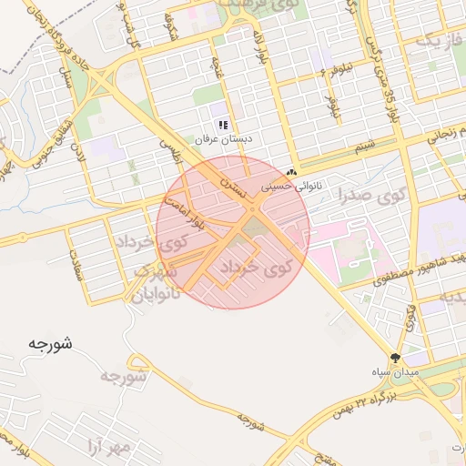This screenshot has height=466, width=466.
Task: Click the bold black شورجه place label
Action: [x=49, y=344]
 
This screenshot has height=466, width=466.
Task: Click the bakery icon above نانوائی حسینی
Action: [x=292, y=172]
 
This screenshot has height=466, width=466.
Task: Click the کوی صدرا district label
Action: [x=370, y=194]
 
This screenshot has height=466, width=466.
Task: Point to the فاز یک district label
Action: [x=433, y=41]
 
